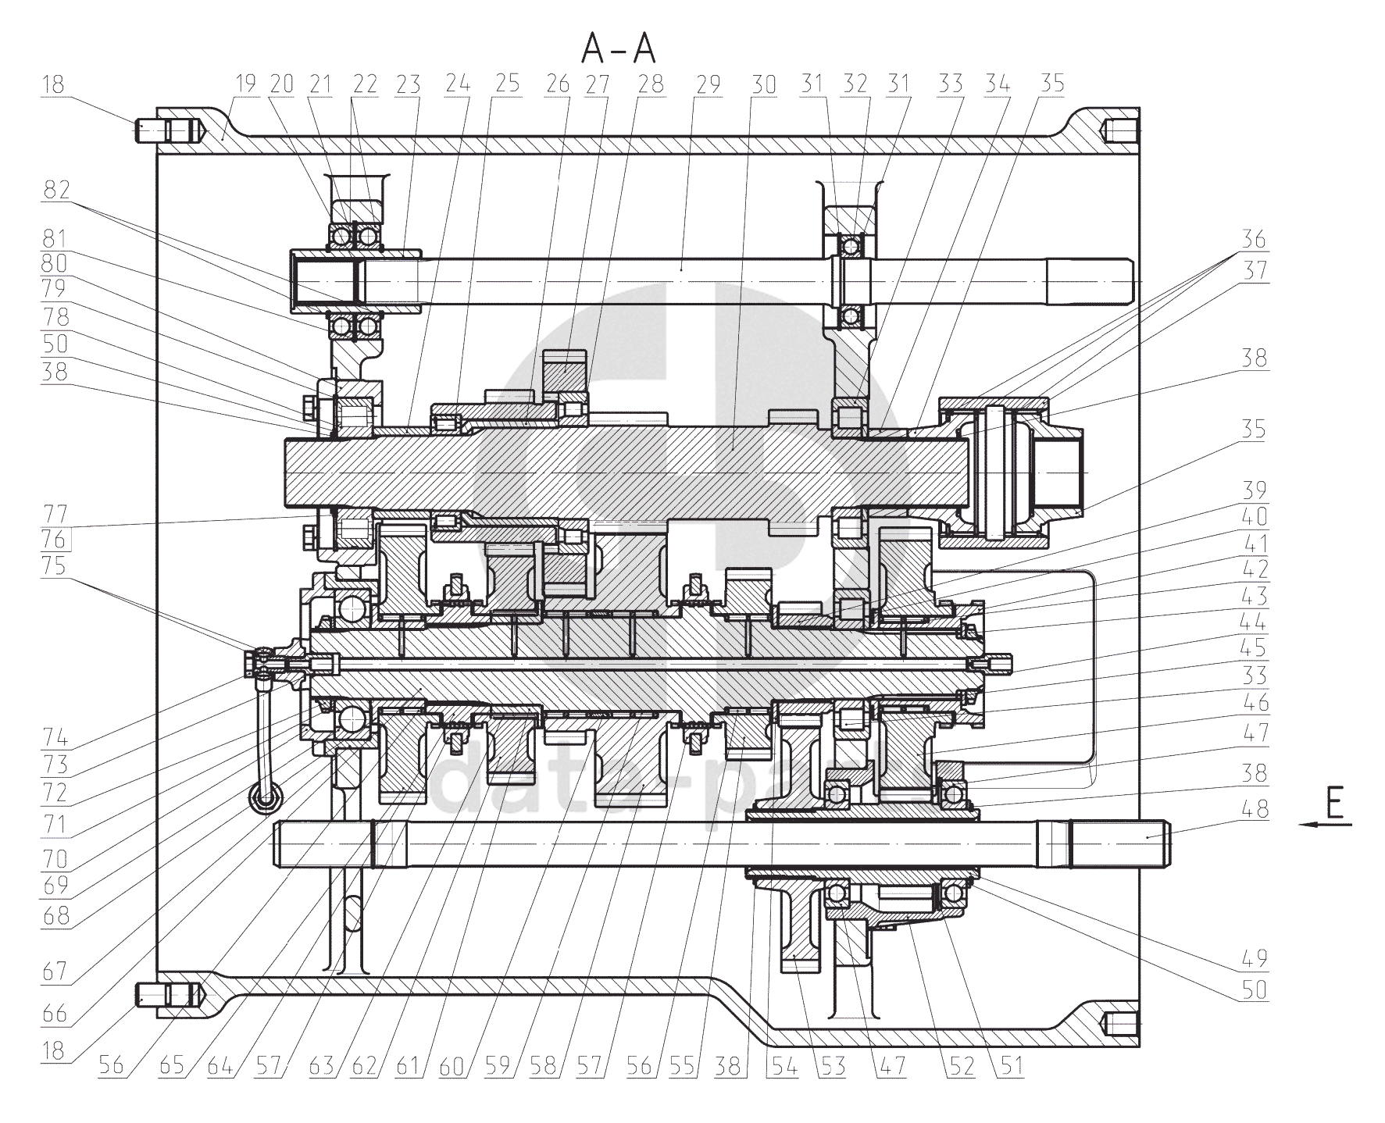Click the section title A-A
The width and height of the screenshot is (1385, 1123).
coord(618,50)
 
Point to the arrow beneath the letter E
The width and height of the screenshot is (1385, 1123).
coord(1325,824)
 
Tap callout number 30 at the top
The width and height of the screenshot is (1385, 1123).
coord(763,84)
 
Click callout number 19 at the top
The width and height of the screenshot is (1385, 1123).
coord(246,84)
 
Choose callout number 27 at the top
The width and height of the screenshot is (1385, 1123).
coord(597,84)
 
